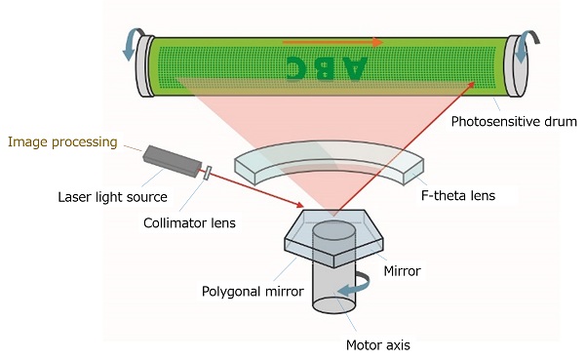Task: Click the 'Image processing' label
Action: (62, 142)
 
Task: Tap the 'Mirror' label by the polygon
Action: (401, 271)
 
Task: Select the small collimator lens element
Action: (207, 174)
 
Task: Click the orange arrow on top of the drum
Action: (331, 42)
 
